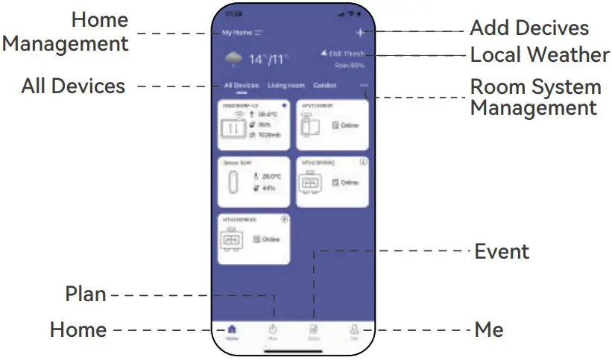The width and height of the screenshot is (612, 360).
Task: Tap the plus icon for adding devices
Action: pyautogui.click(x=360, y=32)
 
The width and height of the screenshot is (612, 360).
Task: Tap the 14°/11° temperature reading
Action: pyautogui.click(x=268, y=59)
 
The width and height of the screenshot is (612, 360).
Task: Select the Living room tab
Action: pyautogui.click(x=286, y=86)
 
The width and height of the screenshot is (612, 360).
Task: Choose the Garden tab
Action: pyautogui.click(x=324, y=86)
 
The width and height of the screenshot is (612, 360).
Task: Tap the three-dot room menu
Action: pyautogui.click(x=364, y=86)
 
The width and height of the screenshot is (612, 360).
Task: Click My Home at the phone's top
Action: pyautogui.click(x=238, y=33)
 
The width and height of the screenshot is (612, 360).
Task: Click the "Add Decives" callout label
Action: pyautogui.click(x=529, y=29)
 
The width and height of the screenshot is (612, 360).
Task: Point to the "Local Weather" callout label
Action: pyautogui.click(x=539, y=54)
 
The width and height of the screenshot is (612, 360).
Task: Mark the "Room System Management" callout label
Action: pyautogui.click(x=534, y=97)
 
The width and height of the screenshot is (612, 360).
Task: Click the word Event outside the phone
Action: pyautogui.click(x=502, y=251)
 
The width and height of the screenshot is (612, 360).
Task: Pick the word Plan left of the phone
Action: pyautogui.click(x=85, y=294)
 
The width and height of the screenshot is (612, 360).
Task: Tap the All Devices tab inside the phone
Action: pyautogui.click(x=242, y=86)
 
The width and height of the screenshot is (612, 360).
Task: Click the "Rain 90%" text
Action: pyautogui.click(x=348, y=66)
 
